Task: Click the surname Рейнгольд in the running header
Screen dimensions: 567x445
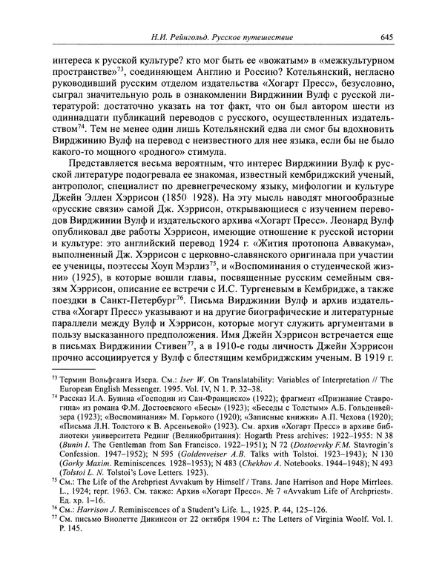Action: coord(198,38)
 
